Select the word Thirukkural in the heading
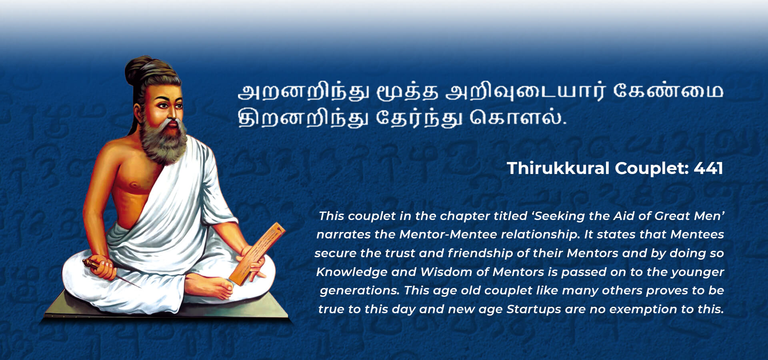coord(558,168)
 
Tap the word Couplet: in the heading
coord(652,169)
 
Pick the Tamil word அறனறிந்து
coord(304,92)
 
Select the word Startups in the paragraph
coord(534,310)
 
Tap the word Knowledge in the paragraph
coord(352,272)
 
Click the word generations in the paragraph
coord(360,291)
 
